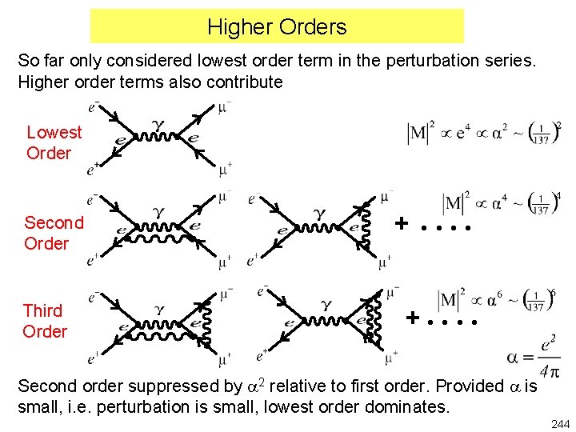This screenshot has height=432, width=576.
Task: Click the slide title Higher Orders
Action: tap(277, 26)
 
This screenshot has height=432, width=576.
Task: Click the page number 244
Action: tap(559, 423)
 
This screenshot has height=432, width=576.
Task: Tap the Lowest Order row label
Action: tap(54, 143)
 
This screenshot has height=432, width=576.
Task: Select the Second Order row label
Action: tap(54, 233)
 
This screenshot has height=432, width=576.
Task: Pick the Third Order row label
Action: tap(44, 321)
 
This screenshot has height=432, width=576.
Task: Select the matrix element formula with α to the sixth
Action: tap(497, 301)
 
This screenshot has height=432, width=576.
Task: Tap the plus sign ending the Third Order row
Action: tap(413, 318)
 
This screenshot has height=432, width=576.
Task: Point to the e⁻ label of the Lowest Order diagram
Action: tap(94, 104)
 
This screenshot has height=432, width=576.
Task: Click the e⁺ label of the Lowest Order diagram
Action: tap(94, 170)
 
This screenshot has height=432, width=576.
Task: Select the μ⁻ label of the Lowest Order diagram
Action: tap(225, 106)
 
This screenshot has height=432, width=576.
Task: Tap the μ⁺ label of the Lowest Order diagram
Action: tap(225, 170)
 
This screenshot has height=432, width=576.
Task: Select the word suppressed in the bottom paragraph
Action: tap(189, 386)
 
